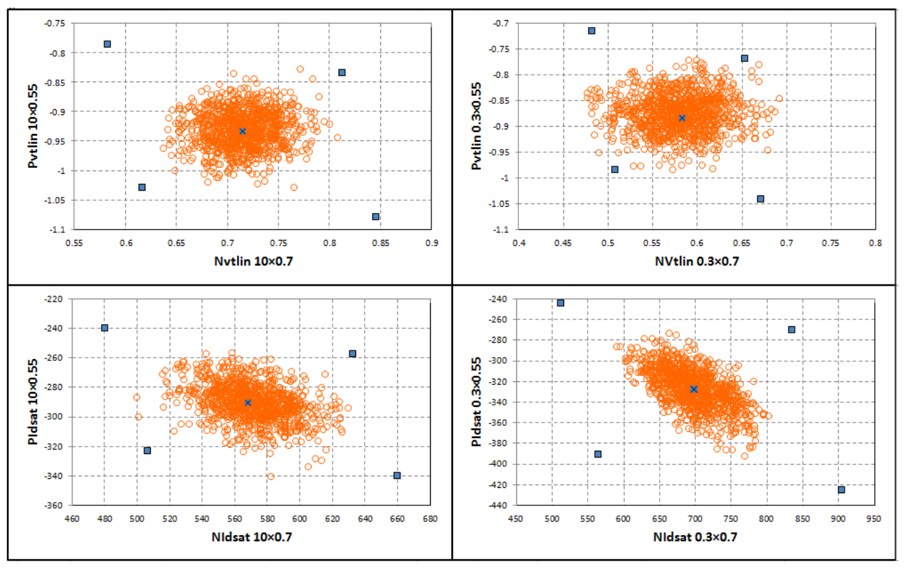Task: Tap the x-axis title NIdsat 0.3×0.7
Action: click(x=695, y=537)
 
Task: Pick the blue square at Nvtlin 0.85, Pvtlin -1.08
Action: click(x=376, y=216)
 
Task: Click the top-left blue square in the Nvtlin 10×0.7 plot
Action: click(x=107, y=44)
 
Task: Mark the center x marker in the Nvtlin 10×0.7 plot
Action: click(x=242, y=131)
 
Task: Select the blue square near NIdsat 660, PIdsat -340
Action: click(x=397, y=476)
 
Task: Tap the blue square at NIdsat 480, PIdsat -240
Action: click(x=104, y=327)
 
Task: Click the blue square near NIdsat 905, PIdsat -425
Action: click(x=841, y=490)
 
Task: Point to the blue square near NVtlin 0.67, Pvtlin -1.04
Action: click(x=761, y=199)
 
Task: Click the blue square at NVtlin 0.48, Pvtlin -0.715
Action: click(x=592, y=30)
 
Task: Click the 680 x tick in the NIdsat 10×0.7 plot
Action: click(x=430, y=519)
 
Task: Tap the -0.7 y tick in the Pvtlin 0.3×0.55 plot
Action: click(x=501, y=24)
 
